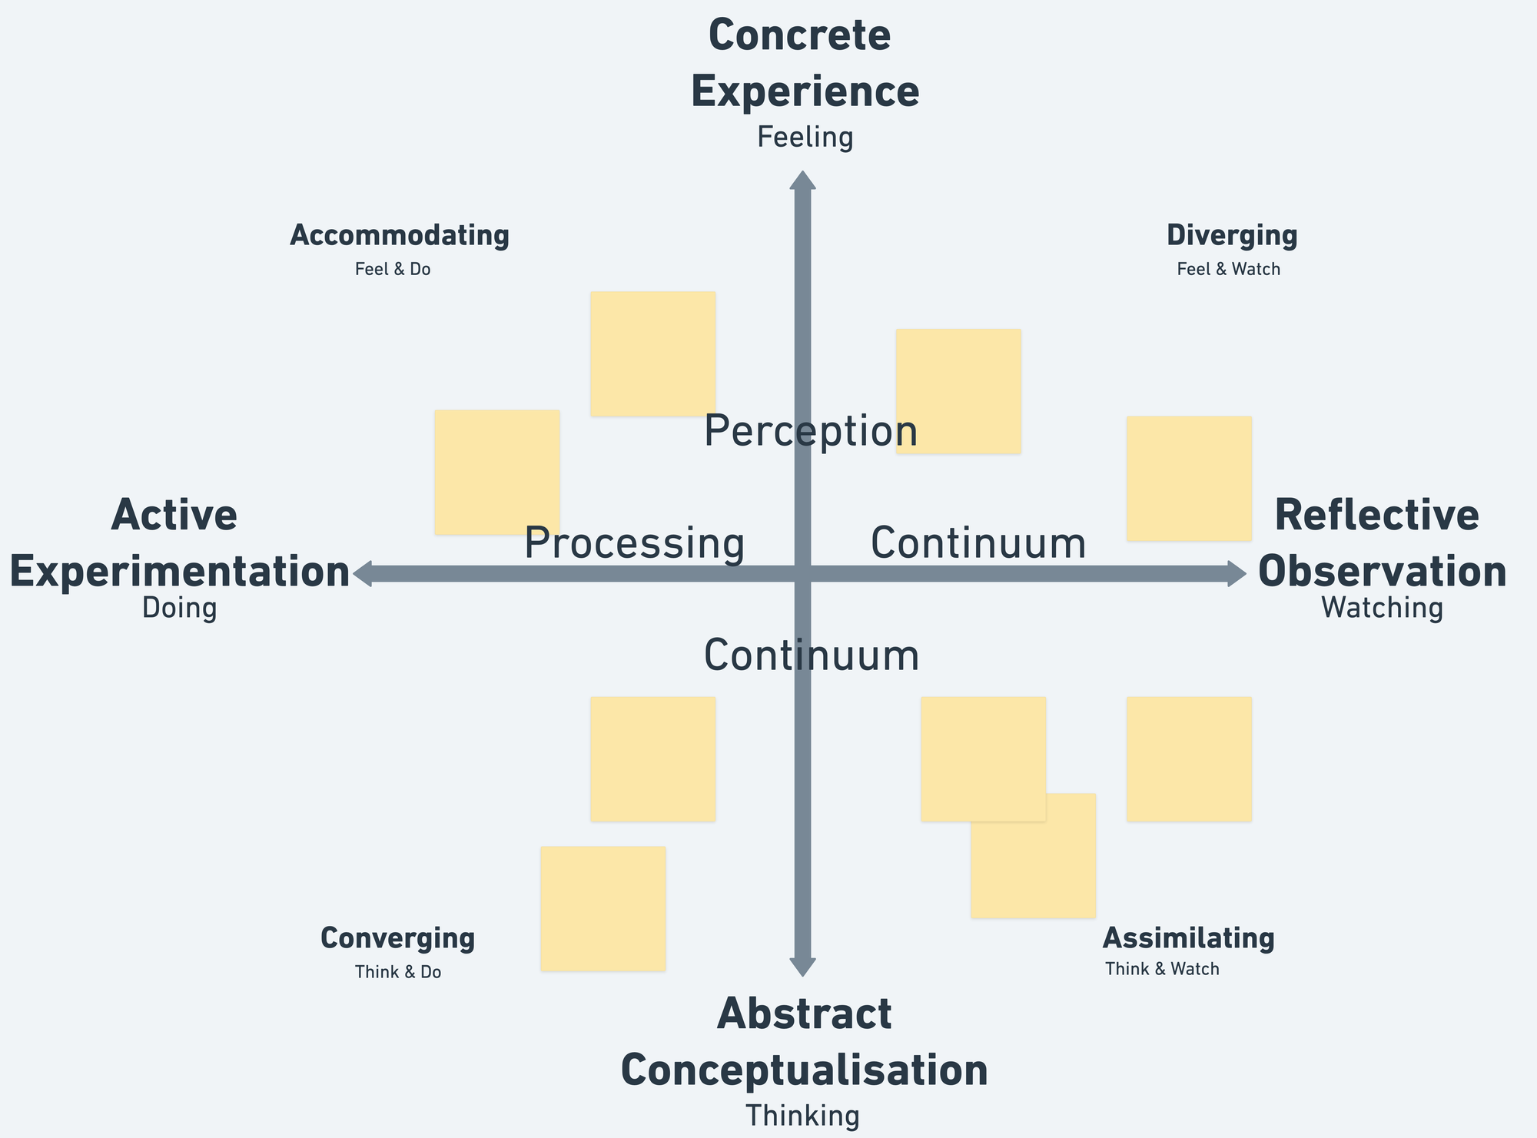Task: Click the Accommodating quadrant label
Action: [x=399, y=236]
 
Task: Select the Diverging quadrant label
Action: [x=1231, y=236]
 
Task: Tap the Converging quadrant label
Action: [x=397, y=939]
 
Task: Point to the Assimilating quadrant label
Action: [x=1188, y=939]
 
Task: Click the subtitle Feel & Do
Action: [x=393, y=270]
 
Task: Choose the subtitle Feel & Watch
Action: [x=1228, y=270]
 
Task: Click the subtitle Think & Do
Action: [x=398, y=973]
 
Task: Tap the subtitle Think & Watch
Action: [x=1162, y=970]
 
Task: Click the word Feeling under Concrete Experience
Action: [x=805, y=138]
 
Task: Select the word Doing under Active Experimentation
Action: [x=179, y=609]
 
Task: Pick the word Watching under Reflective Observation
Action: [x=1382, y=609]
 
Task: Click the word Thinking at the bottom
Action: [x=802, y=1116]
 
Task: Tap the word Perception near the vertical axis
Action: [x=810, y=431]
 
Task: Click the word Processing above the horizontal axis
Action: [x=634, y=544]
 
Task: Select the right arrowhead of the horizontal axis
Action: [x=1236, y=574]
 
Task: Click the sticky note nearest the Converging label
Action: [x=603, y=908]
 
